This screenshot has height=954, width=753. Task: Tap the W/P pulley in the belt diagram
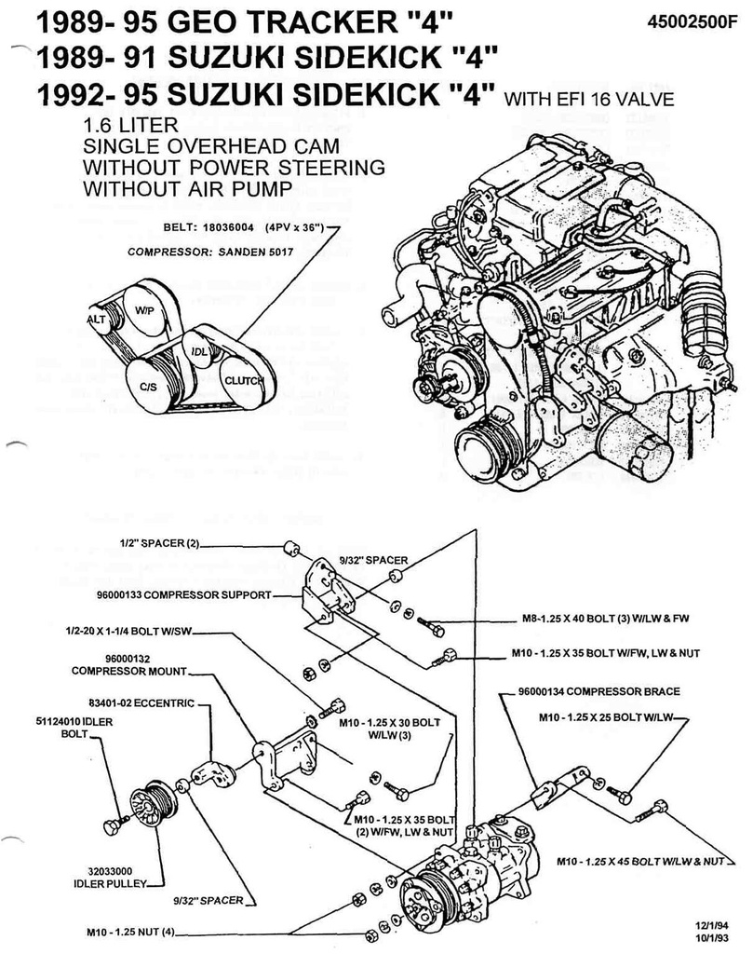[145, 309]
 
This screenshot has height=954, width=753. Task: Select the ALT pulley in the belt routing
[97, 320]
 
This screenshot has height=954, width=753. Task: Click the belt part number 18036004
[225, 226]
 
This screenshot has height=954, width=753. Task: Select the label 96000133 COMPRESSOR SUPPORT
[181, 593]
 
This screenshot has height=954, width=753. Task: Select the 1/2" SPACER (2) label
[159, 541]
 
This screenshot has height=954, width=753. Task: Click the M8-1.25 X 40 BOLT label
[604, 618]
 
